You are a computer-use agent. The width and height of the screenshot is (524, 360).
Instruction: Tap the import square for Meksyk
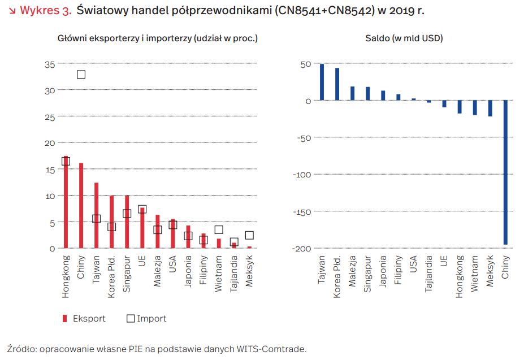[x=249, y=235]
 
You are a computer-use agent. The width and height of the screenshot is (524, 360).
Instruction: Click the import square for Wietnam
[x=219, y=229]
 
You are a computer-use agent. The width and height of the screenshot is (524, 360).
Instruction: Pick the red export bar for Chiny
[x=81, y=206]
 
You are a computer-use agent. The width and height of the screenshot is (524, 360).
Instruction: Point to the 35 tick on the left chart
[x=50, y=64]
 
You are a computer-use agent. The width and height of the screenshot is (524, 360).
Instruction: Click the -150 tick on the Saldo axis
[x=302, y=212]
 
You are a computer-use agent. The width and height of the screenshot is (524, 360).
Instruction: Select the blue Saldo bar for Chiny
[x=505, y=172]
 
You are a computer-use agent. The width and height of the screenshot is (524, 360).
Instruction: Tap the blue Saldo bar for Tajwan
[x=322, y=82]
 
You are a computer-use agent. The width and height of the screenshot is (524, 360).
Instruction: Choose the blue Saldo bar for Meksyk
[x=490, y=109]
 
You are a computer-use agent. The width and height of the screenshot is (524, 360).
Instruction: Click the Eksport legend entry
[x=84, y=319]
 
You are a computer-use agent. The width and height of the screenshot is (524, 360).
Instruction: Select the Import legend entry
[x=146, y=319]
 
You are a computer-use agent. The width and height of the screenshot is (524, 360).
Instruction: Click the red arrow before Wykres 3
[x=12, y=11]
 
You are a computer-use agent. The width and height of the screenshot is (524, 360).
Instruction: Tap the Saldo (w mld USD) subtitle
[x=404, y=38]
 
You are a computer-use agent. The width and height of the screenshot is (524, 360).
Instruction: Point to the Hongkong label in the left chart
[x=66, y=276]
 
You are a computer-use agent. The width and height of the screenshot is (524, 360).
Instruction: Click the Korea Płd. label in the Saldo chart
[x=337, y=276]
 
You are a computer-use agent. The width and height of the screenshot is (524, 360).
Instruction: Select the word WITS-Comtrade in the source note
[x=271, y=349]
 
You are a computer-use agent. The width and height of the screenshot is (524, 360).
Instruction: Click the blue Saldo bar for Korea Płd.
[x=337, y=84]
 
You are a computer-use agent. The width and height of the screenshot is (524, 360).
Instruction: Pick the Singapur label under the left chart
[x=127, y=274]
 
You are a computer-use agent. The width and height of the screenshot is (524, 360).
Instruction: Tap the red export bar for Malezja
[x=157, y=232]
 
